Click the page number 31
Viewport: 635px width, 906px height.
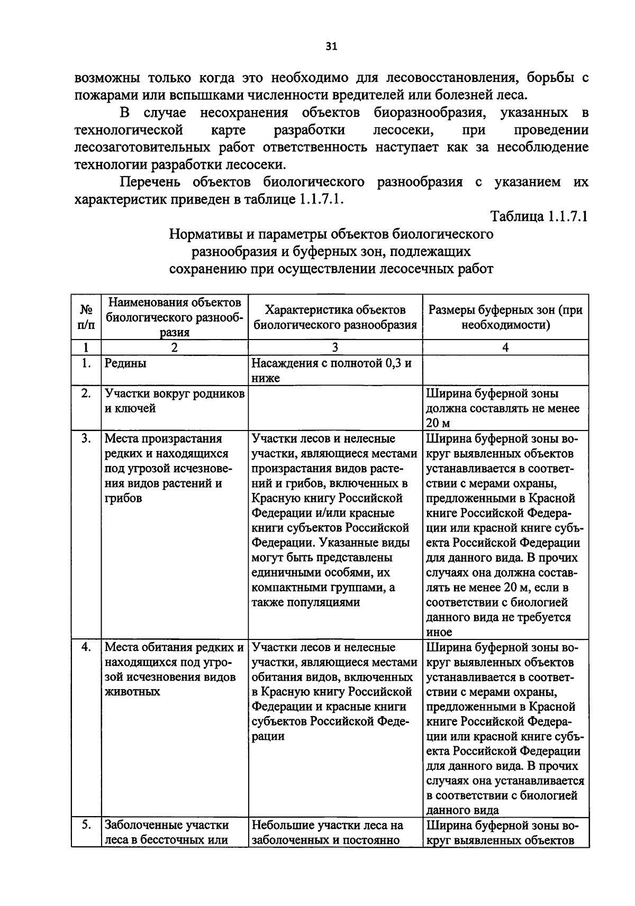(331, 47)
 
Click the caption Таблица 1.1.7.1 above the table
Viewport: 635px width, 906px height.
(539, 217)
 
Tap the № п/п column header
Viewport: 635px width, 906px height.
(86, 317)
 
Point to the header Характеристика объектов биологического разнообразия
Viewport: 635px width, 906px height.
(335, 317)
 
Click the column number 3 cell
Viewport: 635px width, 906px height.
(335, 347)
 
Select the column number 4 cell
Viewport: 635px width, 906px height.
(505, 347)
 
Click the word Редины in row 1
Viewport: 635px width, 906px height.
(125, 363)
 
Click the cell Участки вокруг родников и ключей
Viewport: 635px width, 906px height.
(174, 401)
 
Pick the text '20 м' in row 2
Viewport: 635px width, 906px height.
(438, 423)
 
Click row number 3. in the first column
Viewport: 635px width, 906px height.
(86, 439)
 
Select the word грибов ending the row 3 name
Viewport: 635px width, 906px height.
(123, 498)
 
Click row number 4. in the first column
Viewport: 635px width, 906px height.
(86, 648)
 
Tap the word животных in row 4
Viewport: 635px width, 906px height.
(132, 692)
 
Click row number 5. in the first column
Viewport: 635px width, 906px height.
(86, 825)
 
